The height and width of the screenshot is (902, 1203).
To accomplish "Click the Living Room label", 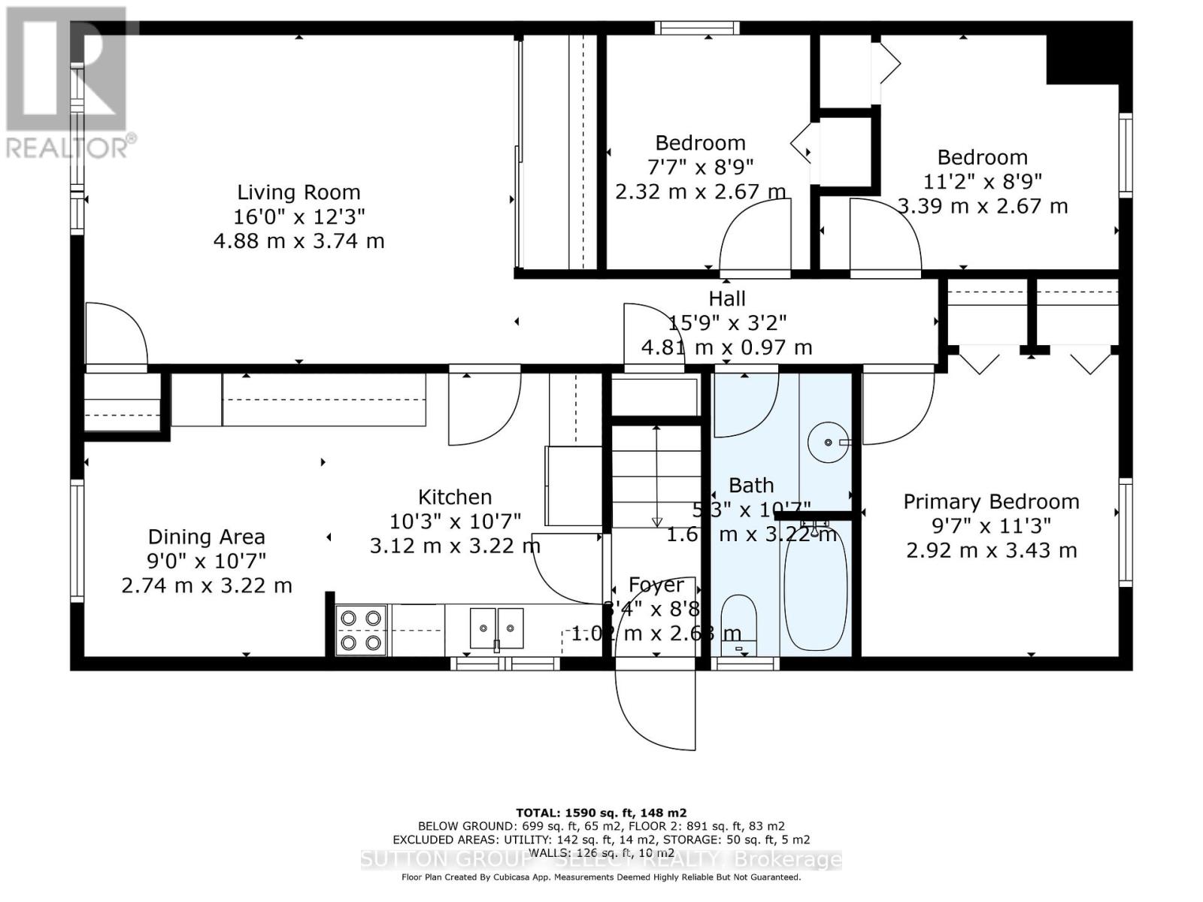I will (298, 192).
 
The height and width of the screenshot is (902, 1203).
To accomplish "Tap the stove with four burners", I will (361, 630).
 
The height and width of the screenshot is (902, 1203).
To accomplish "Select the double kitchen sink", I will (496, 628).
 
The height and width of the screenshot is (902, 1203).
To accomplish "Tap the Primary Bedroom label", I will (991, 501).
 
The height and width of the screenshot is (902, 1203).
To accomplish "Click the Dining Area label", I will (206, 537).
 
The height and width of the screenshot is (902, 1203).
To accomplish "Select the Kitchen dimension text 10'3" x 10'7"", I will (455, 521).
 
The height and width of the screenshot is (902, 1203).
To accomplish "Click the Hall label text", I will (727, 298).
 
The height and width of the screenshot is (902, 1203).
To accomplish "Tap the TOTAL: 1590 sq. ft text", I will (601, 813).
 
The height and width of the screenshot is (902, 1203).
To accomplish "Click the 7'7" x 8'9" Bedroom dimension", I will (700, 166).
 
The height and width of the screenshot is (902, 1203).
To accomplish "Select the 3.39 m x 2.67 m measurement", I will (983, 206).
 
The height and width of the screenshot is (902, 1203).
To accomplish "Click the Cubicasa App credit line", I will (601, 877).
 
